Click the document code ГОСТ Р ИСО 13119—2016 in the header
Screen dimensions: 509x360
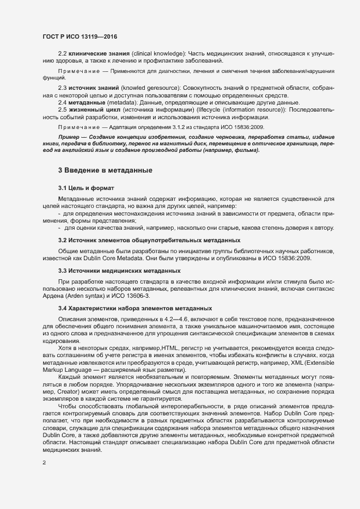(x=80, y=36)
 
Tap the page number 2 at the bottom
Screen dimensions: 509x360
(x=44, y=463)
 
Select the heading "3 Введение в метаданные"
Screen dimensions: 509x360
(x=105, y=170)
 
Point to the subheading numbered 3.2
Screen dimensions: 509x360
(x=149, y=240)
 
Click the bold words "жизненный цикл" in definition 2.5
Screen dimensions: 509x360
(x=96, y=111)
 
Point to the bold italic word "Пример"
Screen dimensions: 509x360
(x=69, y=136)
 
